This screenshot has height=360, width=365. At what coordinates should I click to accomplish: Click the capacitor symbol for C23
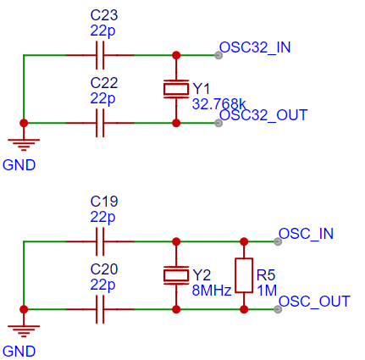100,55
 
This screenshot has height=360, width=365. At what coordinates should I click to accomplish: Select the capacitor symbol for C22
100,123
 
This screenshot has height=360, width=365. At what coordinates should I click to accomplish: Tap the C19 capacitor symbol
100,241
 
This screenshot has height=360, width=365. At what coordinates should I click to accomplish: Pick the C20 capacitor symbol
100,309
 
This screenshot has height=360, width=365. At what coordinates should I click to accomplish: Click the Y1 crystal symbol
176,89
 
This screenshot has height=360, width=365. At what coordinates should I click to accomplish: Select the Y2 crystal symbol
176,275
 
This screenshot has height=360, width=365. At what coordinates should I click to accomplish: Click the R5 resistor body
244,275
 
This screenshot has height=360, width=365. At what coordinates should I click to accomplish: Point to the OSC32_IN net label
255,47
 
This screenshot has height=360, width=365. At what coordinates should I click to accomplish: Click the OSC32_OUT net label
263,115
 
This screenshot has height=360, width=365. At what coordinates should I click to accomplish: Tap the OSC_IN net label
306,234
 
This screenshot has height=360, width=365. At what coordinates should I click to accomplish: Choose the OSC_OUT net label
314,302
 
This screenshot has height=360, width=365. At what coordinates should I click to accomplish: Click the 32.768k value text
219,104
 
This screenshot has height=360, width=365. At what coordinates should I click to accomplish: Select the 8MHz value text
212,291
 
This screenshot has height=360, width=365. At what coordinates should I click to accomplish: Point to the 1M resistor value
267,291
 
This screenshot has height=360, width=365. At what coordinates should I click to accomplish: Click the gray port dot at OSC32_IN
218,55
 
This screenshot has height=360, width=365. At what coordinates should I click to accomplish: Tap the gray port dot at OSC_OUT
278,309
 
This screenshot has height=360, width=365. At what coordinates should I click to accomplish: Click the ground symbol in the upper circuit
24,145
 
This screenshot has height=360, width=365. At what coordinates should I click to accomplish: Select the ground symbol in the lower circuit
24,331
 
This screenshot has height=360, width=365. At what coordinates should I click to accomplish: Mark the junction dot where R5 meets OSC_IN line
244,241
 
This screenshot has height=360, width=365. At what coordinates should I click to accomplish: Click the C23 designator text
104,15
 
